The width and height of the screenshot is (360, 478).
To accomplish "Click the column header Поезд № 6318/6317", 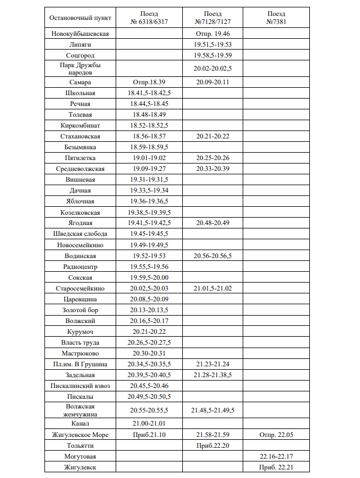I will click(149, 18).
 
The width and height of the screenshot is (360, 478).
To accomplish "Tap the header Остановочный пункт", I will click(80, 18).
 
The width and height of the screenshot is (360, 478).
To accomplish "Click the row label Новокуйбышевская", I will click(80, 34).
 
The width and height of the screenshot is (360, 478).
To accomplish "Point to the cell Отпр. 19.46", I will click(212, 34).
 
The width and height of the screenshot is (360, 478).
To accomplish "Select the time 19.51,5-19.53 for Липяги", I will click(212, 44).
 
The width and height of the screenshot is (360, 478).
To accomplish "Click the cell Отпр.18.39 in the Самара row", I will click(149, 83).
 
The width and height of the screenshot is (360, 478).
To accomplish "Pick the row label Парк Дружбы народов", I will click(80, 69).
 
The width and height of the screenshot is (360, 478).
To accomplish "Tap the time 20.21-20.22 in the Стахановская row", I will click(212, 136).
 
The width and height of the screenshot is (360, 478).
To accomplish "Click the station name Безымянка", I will click(80, 147).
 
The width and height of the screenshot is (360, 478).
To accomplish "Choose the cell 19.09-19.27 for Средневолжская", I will click(149, 169).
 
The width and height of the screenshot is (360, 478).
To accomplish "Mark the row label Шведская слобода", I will click(80, 234).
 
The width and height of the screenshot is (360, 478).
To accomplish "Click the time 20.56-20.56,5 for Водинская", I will click(212, 255).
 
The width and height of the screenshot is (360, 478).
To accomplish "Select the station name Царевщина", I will click(80, 299).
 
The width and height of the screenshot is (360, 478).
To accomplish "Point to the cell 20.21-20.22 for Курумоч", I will click(149, 332).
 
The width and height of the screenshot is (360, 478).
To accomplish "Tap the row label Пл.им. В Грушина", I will click(80, 364).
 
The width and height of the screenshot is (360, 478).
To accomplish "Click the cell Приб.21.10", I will click(149, 435).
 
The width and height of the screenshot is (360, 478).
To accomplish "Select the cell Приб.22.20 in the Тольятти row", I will click(212, 446).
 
